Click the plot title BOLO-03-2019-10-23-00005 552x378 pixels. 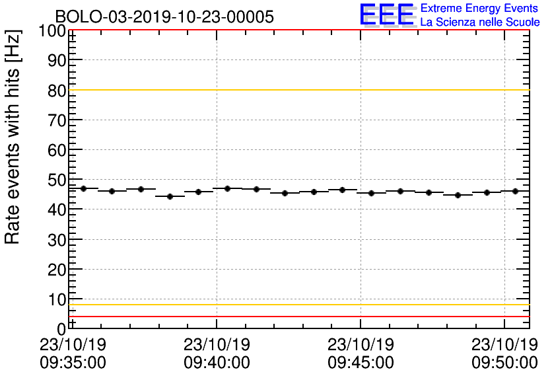click(x=164, y=17)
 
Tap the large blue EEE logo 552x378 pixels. click(x=387, y=15)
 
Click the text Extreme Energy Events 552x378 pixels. click(x=479, y=9)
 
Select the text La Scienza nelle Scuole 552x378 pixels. click(x=479, y=22)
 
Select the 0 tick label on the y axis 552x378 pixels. click(x=61, y=328)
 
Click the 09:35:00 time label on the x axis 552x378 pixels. click(x=73, y=363)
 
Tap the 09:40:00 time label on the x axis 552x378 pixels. click(x=217, y=363)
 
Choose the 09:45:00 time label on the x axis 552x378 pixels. click(x=361, y=363)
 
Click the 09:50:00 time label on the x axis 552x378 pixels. click(x=504, y=363)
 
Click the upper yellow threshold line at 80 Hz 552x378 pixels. click(x=297, y=90)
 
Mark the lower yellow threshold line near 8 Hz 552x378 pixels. click(x=297, y=305)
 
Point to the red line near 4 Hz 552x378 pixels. click(x=297, y=317)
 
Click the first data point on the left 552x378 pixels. click(x=83, y=188)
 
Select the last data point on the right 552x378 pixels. click(x=515, y=191)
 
